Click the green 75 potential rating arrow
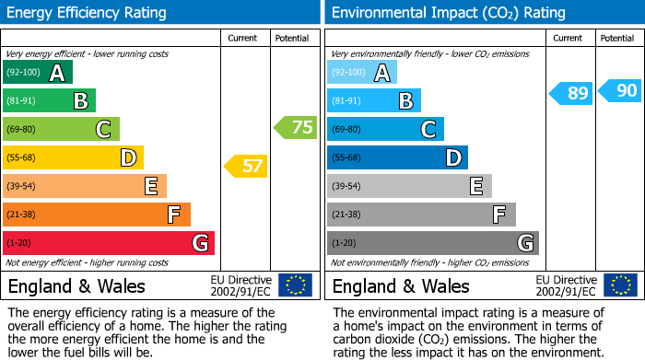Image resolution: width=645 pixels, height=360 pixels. tap(296, 128)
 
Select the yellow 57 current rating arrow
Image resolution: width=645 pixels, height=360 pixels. tap(245, 167)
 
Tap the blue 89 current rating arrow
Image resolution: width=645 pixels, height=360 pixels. tap(571, 93)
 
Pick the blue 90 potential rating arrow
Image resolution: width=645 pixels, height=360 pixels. tap(620, 90)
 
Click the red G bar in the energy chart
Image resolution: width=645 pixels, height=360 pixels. tap(108, 243)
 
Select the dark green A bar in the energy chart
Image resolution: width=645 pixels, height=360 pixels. tap(37, 73)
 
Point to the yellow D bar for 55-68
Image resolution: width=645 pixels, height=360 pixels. tap(73, 157)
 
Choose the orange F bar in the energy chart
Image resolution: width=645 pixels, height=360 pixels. tap(96, 215)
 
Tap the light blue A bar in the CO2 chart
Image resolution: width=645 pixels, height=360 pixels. tap(361, 73)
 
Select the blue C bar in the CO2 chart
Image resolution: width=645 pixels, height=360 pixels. tap(384, 129)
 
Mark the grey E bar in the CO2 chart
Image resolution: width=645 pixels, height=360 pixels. tap(408, 186)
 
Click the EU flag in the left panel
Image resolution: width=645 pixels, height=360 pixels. tap(295, 285)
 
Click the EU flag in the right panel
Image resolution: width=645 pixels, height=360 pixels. tap(620, 285)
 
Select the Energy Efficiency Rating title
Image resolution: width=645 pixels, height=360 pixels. tap(88, 13)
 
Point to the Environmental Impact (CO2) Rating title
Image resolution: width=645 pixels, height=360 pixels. tap(448, 13)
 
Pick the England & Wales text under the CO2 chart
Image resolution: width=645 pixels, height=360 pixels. tap(401, 285)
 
